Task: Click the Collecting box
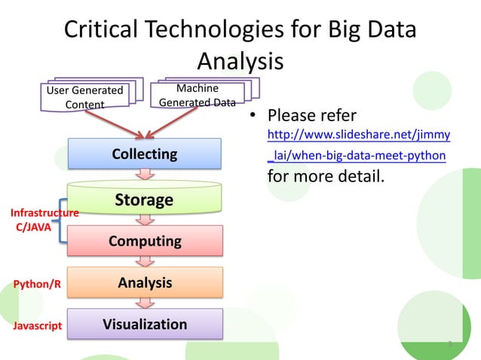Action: (x=145, y=154)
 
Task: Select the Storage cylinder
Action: (x=145, y=200)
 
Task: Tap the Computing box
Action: (x=145, y=241)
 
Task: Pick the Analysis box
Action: (x=145, y=283)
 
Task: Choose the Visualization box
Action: (x=145, y=325)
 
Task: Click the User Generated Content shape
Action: (x=84, y=97)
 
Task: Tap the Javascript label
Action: (x=37, y=328)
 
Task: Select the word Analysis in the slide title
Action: (x=240, y=61)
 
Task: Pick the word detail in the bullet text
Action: (x=358, y=177)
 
